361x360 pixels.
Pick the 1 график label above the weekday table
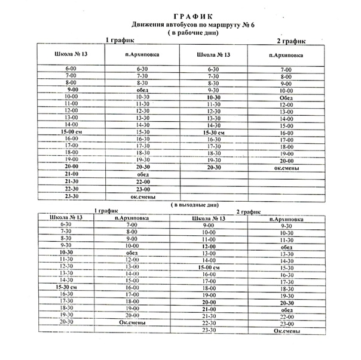120,40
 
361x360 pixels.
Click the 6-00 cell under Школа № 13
71,69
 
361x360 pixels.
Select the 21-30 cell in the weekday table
71,181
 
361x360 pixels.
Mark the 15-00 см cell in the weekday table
71,131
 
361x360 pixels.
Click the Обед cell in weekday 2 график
286,98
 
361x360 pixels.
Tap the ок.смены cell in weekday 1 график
142,196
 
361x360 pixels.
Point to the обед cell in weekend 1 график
132,253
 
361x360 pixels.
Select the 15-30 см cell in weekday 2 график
213,133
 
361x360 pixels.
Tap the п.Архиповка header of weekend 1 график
132,219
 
